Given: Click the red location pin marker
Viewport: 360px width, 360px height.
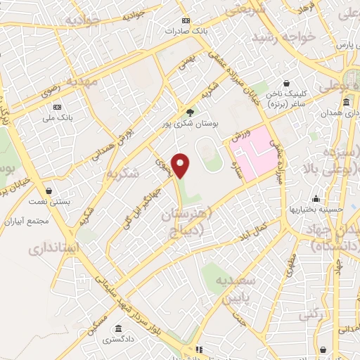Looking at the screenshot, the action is [x=181, y=165].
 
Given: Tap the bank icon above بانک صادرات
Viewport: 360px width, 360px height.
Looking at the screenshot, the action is [x=186, y=20].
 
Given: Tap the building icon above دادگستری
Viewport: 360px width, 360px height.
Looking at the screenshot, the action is [x=115, y=328].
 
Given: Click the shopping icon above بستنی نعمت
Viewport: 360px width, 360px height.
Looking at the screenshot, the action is [x=49, y=191].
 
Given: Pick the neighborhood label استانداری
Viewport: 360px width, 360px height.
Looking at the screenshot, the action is [x=53, y=250].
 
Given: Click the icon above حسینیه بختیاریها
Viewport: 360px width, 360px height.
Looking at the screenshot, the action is [x=316, y=198].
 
